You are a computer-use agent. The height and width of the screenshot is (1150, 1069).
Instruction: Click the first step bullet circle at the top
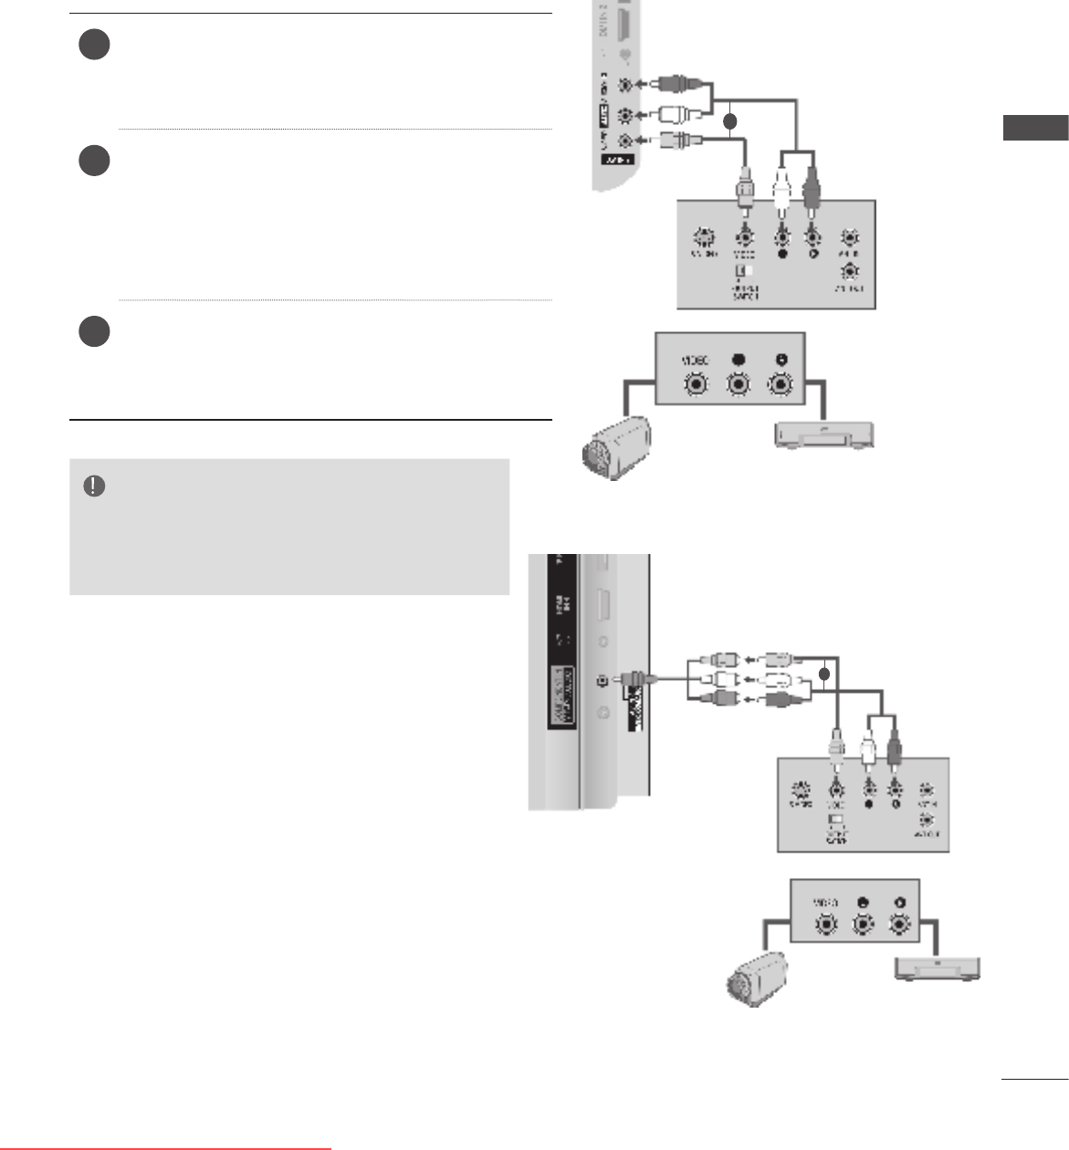point(94,45)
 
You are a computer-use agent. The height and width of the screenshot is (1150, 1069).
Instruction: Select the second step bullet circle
point(94,161)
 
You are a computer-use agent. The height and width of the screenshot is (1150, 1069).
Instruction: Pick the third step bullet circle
point(94,330)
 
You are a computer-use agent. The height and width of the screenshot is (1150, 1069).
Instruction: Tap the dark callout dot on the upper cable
point(730,120)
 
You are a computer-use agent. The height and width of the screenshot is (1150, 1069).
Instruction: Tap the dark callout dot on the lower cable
point(824,674)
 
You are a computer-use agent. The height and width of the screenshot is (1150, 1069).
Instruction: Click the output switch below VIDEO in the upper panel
point(745,271)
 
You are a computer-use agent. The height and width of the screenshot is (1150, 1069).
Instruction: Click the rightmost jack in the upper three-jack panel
point(779,384)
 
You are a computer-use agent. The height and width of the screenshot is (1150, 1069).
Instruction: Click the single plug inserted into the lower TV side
point(633,679)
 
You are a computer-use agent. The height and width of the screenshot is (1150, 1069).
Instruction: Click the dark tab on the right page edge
point(1035,128)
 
